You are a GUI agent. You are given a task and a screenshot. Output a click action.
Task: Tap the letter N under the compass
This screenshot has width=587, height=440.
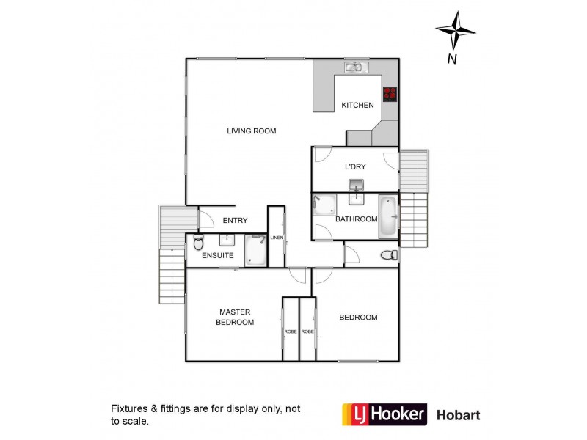[453, 59]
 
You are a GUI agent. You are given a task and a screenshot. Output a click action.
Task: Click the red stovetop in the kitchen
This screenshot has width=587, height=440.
[390, 94]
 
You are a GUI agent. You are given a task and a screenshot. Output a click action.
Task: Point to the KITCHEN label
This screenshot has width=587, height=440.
[357, 106]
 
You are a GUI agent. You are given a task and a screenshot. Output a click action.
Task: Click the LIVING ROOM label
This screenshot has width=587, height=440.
[251, 131]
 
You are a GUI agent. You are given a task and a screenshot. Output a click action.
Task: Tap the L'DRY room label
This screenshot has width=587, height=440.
[355, 166]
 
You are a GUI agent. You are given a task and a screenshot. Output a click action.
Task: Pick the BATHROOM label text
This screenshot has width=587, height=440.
[356, 219]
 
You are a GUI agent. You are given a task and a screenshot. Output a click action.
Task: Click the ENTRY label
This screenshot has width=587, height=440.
[235, 221]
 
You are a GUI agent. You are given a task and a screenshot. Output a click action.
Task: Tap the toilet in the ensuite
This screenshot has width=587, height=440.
[196, 242]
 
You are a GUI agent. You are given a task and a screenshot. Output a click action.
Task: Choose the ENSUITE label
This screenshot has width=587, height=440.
[218, 256]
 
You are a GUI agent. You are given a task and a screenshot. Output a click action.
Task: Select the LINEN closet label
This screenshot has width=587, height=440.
[277, 238]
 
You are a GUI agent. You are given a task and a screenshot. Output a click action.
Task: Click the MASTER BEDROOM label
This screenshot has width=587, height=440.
[235, 318]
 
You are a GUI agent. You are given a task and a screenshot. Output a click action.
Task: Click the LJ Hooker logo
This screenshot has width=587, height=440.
[384, 414]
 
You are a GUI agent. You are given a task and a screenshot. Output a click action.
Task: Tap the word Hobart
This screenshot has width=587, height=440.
[459, 415]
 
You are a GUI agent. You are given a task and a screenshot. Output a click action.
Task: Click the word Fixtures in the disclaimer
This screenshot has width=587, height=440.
[128, 408]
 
